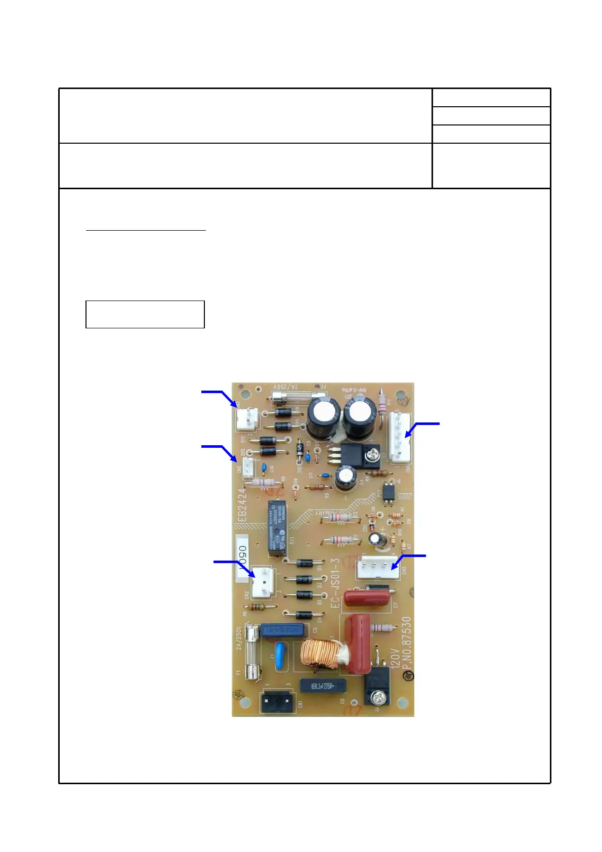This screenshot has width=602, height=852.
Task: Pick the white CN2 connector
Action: point(264,581)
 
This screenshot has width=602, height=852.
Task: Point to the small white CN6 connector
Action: point(248,468)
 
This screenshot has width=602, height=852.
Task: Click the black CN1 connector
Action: point(277,702)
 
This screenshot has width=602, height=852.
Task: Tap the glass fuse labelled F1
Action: point(252,652)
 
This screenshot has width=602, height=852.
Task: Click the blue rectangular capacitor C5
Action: point(283,630)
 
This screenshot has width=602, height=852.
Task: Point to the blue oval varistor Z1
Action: point(280,656)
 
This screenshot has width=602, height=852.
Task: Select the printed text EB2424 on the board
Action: point(243,505)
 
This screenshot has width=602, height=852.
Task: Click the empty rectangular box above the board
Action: point(145,314)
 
